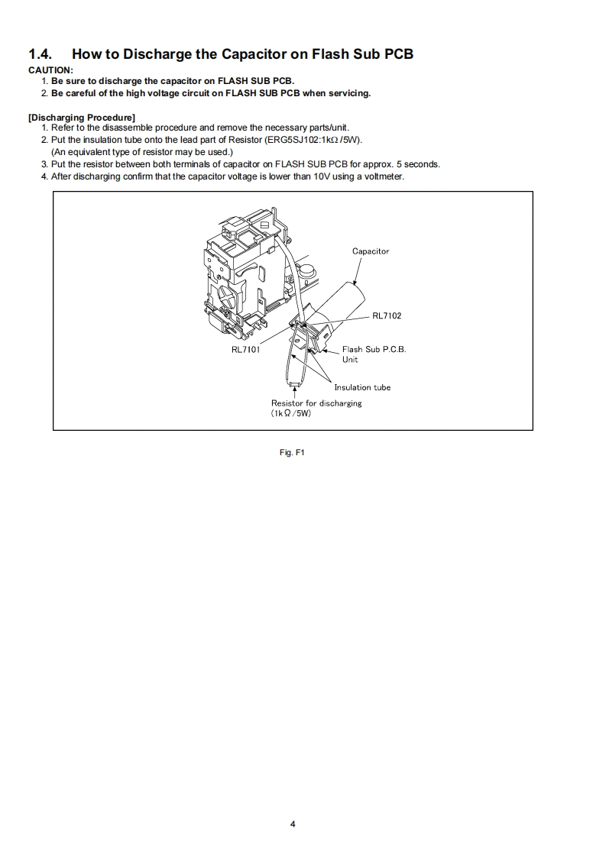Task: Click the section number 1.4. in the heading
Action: coord(42,54)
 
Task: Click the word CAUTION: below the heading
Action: coord(50,70)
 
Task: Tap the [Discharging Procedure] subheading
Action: coord(82,117)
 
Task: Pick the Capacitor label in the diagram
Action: coord(371,251)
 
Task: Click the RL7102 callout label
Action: coord(387,315)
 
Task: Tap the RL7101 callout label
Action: coord(246,351)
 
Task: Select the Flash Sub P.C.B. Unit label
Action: coord(373,354)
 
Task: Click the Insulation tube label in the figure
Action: coord(362,387)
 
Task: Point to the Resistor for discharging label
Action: coord(316,403)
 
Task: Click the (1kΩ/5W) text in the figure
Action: coord(291,413)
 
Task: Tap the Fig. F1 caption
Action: coord(293,452)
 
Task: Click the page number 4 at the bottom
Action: coord(293,824)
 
